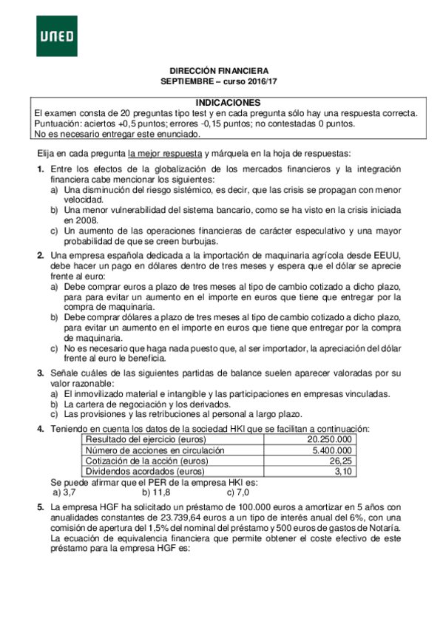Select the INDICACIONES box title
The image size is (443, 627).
click(x=229, y=102)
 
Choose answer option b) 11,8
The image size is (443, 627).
click(x=156, y=492)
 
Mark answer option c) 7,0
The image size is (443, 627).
click(x=237, y=492)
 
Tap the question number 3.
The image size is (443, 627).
click(x=41, y=373)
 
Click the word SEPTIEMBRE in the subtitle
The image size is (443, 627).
click(x=186, y=81)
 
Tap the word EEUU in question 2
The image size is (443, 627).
click(x=388, y=255)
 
